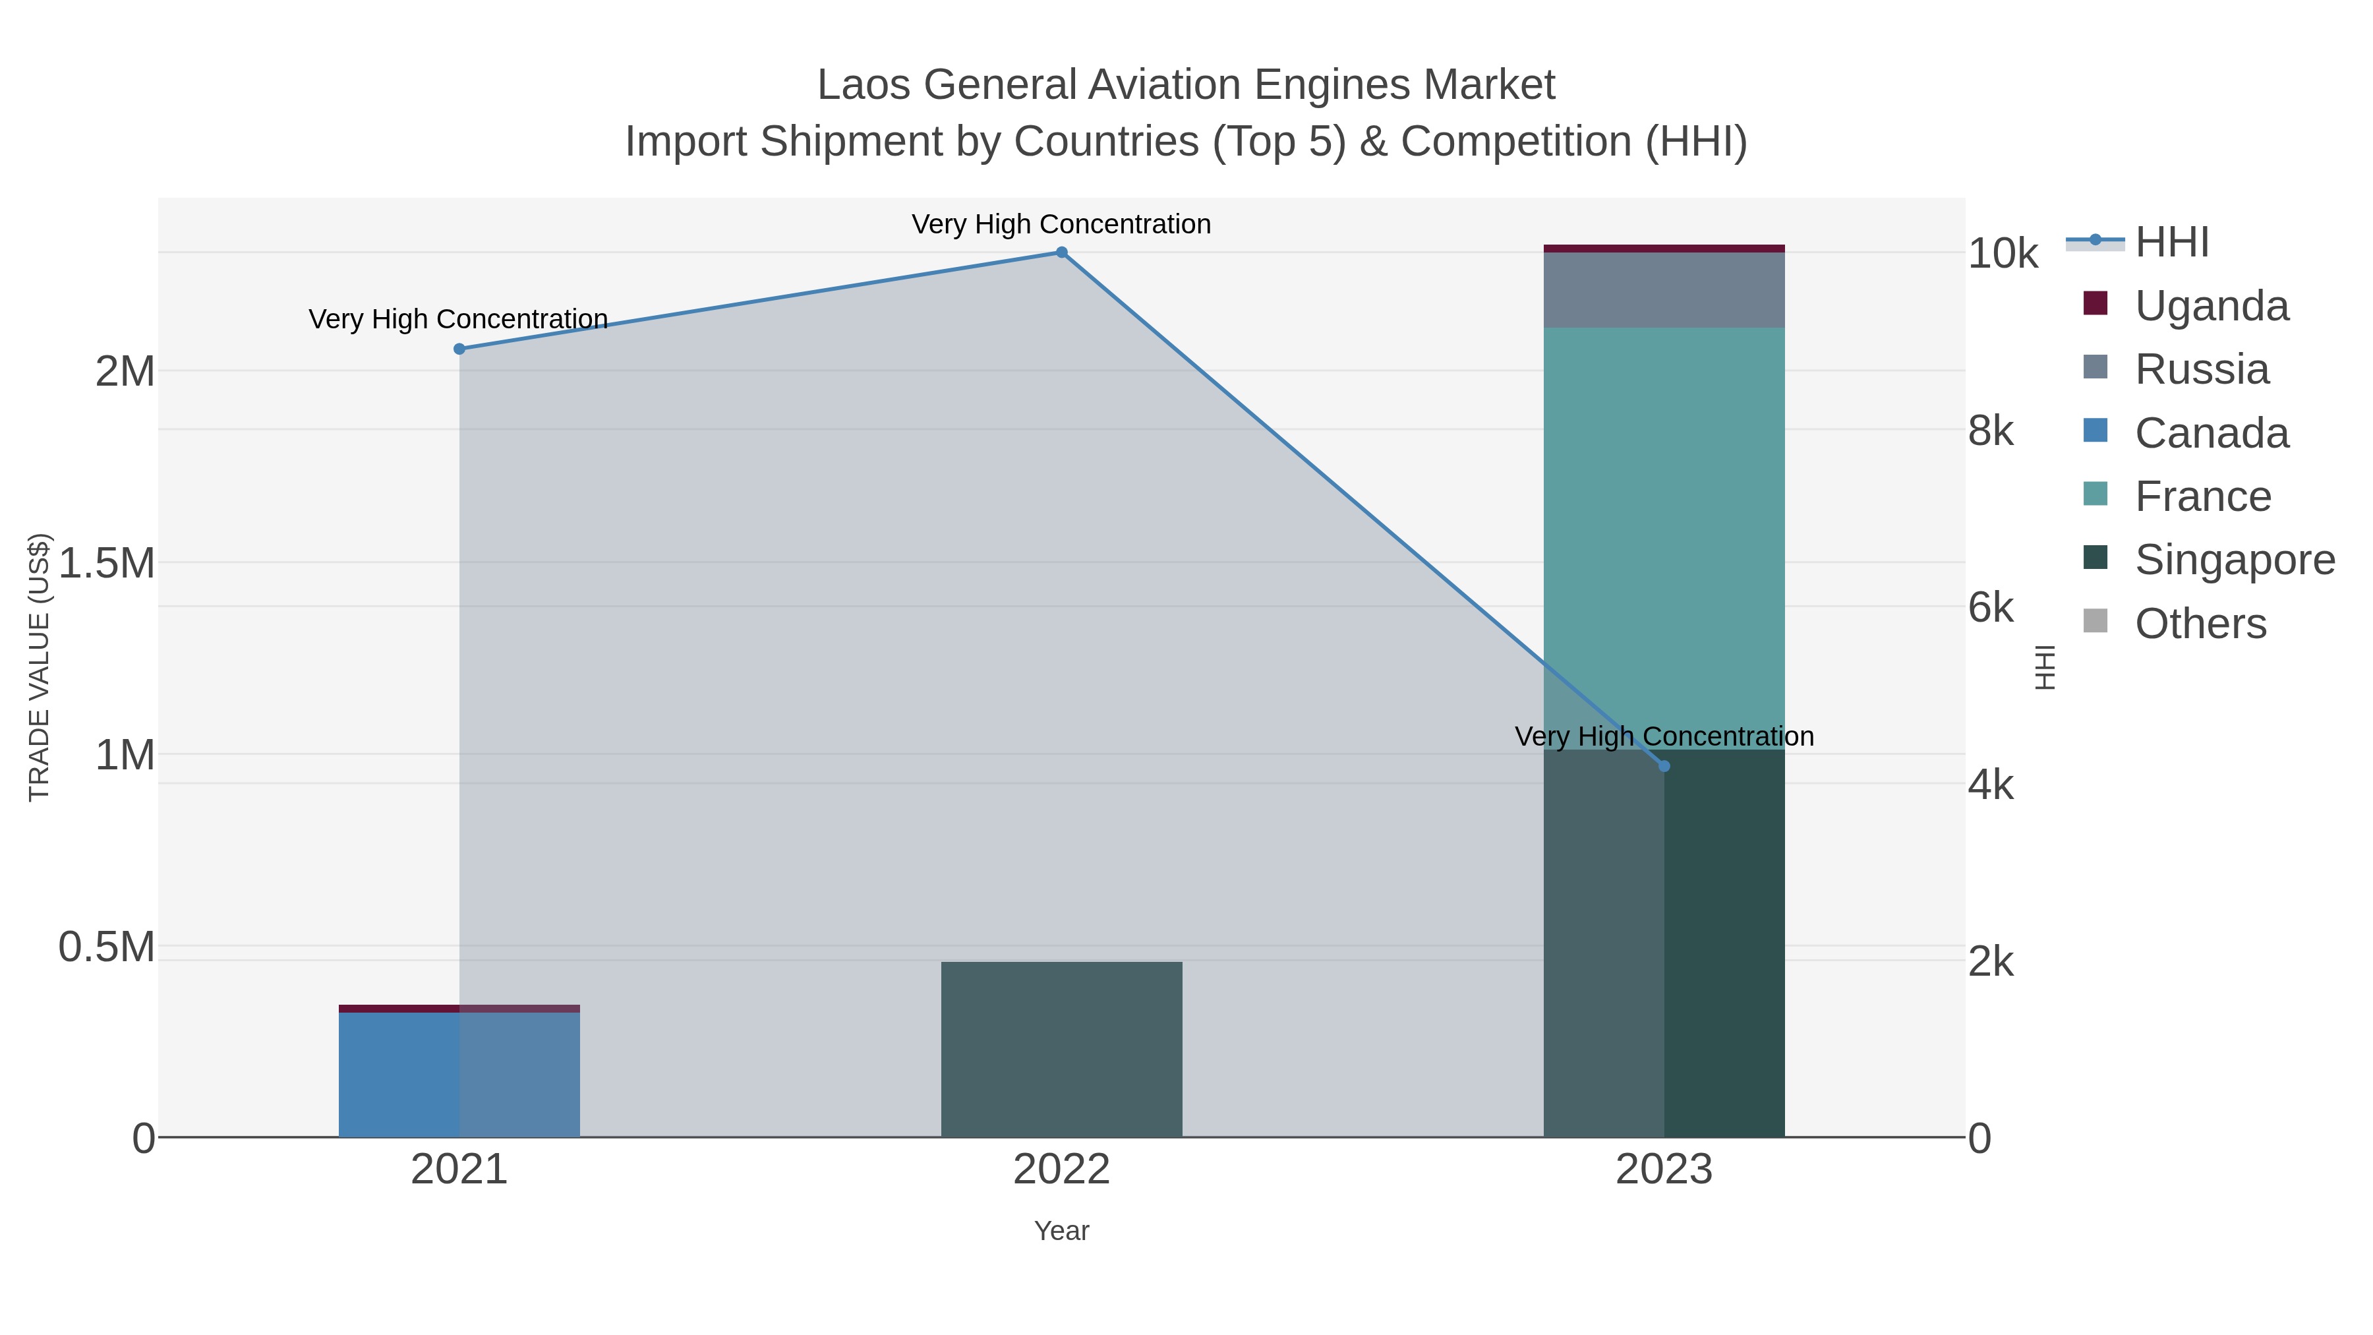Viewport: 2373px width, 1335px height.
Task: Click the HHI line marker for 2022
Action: [1061, 252]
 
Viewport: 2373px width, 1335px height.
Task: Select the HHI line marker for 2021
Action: [459, 349]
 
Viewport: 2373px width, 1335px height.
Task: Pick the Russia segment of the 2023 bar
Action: [1664, 290]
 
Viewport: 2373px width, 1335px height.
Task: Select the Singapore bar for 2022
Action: [1061, 1050]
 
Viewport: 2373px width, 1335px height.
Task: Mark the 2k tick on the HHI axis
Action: [1991, 962]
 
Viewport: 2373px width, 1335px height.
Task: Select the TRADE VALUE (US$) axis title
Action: [40, 667]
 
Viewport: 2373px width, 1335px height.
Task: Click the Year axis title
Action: [1061, 1231]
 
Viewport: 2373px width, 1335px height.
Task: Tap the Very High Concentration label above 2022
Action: [1061, 225]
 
